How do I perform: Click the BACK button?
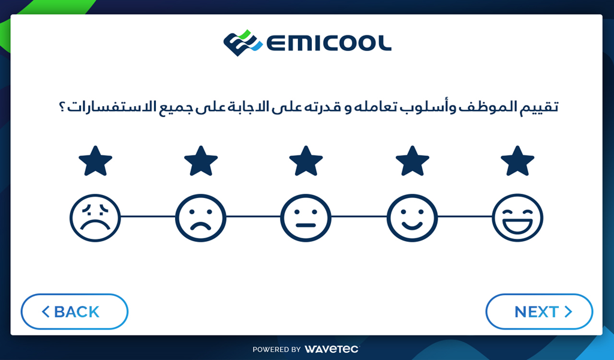click(74, 311)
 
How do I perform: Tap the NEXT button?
click(539, 311)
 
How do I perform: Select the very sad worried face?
click(95, 218)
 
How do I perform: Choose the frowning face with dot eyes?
click(200, 218)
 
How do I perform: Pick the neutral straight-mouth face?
click(306, 218)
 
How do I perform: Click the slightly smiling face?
click(412, 218)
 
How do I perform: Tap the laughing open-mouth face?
click(517, 218)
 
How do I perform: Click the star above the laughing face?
click(517, 161)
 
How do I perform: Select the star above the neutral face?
click(306, 161)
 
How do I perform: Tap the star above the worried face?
click(95, 161)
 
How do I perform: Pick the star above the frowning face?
click(200, 161)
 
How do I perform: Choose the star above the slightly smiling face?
click(412, 161)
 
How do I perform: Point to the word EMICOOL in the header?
click(329, 43)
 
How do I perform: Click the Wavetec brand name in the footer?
click(331, 349)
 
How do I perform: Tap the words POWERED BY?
click(276, 349)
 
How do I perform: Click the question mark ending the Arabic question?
click(62, 107)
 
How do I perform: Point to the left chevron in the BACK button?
click(46, 311)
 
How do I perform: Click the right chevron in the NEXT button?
click(568, 311)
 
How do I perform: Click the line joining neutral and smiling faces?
click(359, 216)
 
